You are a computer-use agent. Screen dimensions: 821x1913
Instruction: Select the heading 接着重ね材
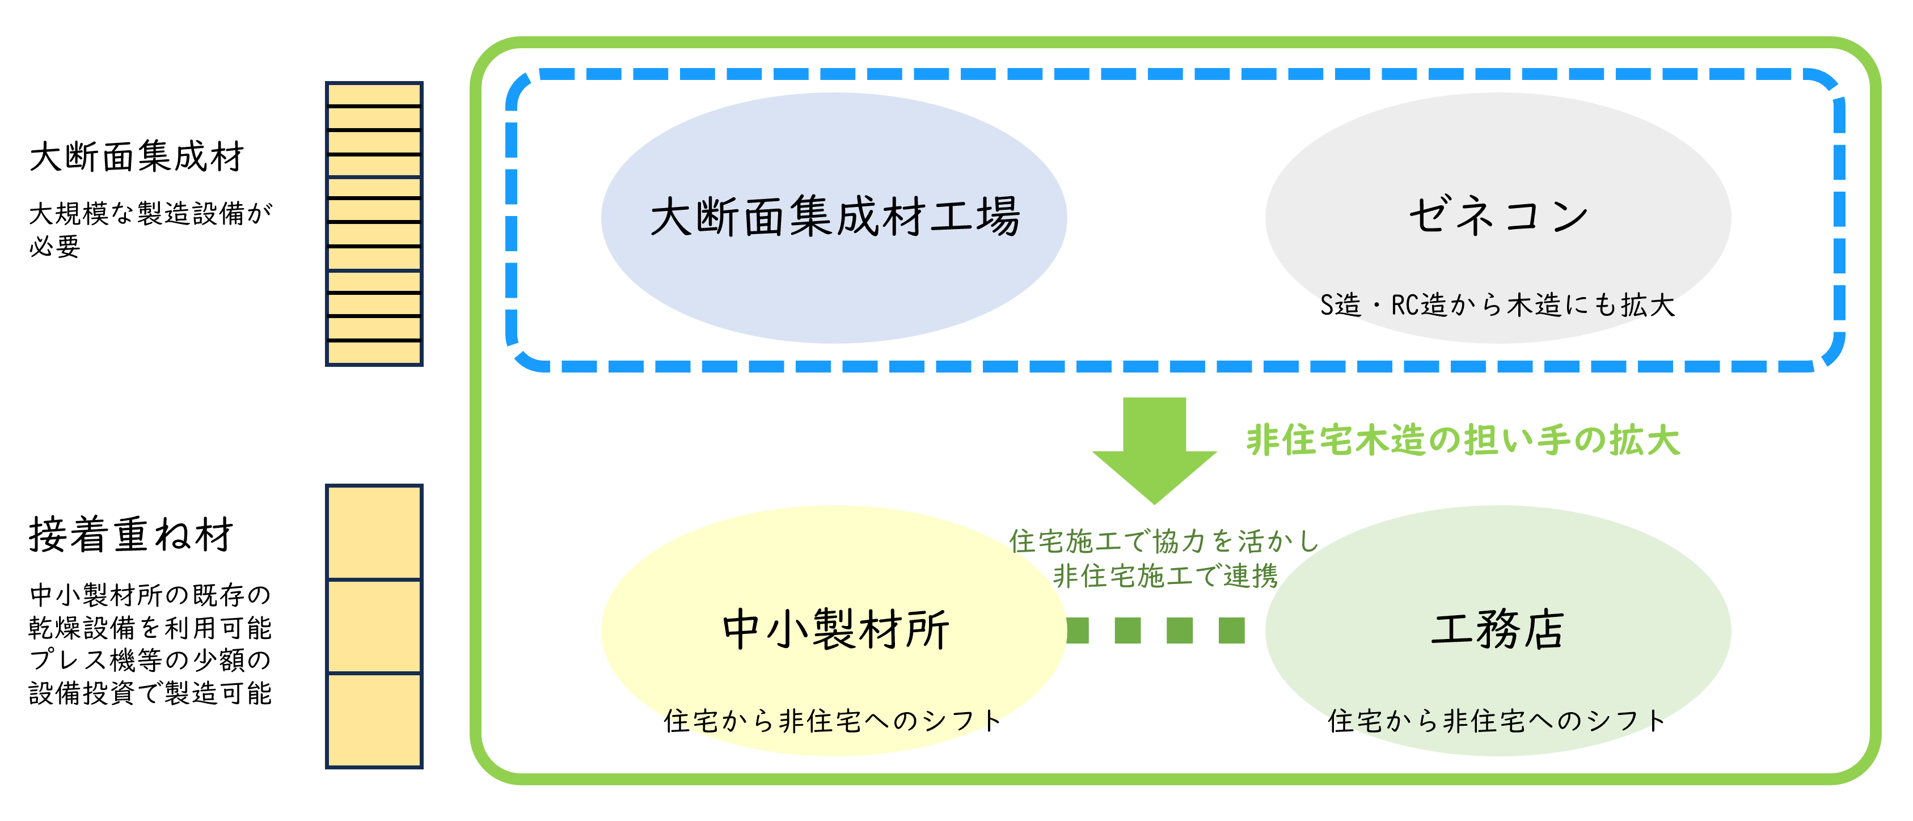point(132,535)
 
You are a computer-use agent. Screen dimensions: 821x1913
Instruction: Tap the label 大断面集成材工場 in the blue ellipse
point(835,217)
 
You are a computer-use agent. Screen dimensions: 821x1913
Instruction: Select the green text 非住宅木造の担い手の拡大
point(1463,440)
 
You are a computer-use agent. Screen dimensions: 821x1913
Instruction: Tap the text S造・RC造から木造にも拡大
point(1497,305)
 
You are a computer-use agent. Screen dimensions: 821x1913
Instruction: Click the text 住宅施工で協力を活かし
point(1164,541)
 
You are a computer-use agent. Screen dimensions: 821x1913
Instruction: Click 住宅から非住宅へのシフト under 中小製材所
point(833,720)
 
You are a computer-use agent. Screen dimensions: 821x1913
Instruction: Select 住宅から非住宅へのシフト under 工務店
point(1497,720)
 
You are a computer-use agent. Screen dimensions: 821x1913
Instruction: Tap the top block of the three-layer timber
point(374,532)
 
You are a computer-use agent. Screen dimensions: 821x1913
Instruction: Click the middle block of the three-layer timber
point(374,627)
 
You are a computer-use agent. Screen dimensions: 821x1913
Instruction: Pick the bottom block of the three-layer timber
point(374,720)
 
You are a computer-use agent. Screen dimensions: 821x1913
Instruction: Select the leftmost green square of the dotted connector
point(1077,631)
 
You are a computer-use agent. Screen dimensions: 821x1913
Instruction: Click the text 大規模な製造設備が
point(151,214)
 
